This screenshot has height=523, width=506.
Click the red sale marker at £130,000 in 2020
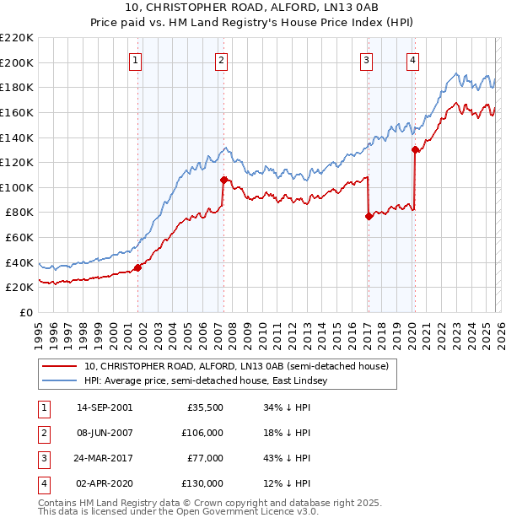tap(415, 150)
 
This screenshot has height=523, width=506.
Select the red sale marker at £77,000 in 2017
tap(369, 216)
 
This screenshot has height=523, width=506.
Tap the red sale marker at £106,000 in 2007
tap(223, 180)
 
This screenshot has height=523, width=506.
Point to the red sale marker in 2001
tap(137, 267)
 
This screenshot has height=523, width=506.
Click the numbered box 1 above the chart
tap(136, 60)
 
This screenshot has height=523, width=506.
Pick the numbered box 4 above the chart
tap(412, 60)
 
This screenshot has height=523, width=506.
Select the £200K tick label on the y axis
tap(17, 62)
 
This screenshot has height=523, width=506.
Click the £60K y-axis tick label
tap(19, 238)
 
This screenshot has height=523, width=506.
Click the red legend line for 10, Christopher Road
tap(60, 367)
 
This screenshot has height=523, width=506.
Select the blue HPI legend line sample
tap(60, 381)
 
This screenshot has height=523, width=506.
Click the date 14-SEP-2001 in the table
tap(105, 407)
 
